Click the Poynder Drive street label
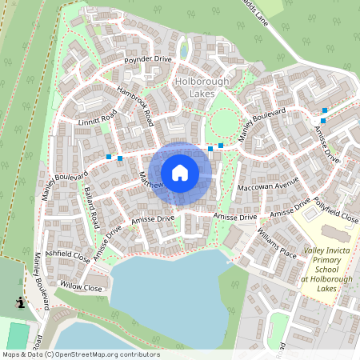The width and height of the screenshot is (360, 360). click(147, 60)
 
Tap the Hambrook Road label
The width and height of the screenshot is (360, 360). click(134, 106)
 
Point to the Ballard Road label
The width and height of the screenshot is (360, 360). click(90, 205)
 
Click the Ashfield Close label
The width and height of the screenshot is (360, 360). click(68, 257)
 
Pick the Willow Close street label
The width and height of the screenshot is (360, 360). click(81, 286)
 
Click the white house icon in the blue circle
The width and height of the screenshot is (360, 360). click(180, 172)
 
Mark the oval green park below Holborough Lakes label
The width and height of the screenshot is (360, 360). click(225, 122)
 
